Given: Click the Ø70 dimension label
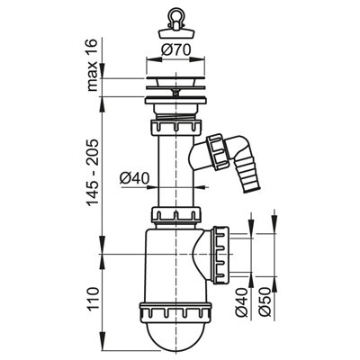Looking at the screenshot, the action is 175,49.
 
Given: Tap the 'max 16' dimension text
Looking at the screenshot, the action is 93,65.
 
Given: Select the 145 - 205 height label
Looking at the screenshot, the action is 93,172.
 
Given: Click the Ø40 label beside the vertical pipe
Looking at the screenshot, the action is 134,179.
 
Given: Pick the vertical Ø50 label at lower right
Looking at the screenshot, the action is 265,302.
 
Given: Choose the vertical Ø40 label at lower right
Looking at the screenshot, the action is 242,302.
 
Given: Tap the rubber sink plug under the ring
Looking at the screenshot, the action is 176,33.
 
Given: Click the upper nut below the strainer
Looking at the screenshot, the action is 175,128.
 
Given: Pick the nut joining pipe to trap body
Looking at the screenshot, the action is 175,215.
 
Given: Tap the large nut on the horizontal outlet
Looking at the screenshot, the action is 221,256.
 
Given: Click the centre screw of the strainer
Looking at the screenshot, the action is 175,91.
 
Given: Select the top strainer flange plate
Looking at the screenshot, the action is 176,79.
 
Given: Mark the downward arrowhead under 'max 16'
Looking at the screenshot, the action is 103,71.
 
